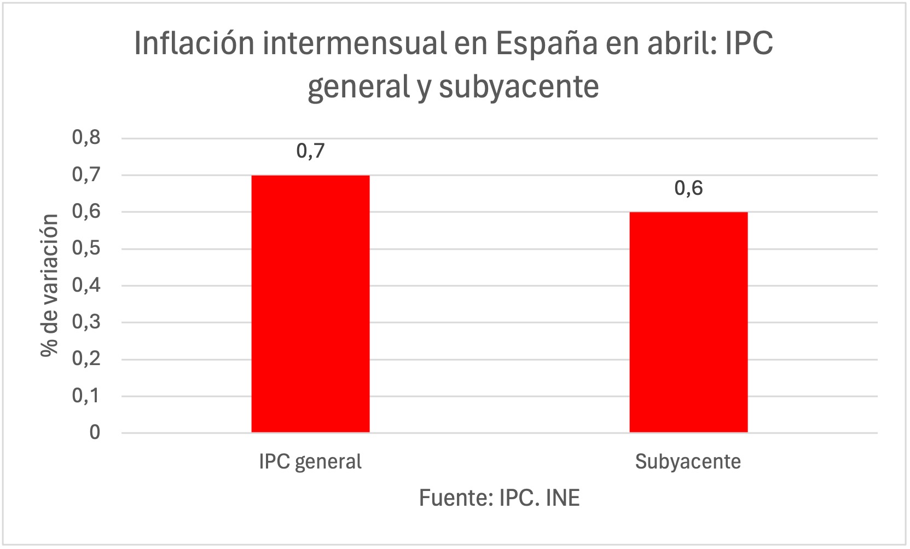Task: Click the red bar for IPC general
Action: coord(310,304)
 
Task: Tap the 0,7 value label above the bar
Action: coord(310,151)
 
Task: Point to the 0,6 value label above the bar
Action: coord(688,188)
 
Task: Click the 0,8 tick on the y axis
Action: coord(86,137)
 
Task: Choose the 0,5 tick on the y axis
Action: coord(86,249)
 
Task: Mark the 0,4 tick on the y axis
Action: coord(86,285)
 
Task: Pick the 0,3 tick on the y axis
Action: coord(86,322)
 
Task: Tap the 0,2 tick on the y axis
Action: coord(86,359)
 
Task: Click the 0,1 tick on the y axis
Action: coord(86,396)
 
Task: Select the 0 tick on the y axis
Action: coord(95,432)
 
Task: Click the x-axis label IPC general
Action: coord(310,462)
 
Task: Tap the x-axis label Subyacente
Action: coord(688,462)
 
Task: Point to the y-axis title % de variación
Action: coord(49,285)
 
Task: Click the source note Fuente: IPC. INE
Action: coord(499,498)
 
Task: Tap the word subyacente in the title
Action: coord(519,86)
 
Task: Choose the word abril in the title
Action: coord(682,43)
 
